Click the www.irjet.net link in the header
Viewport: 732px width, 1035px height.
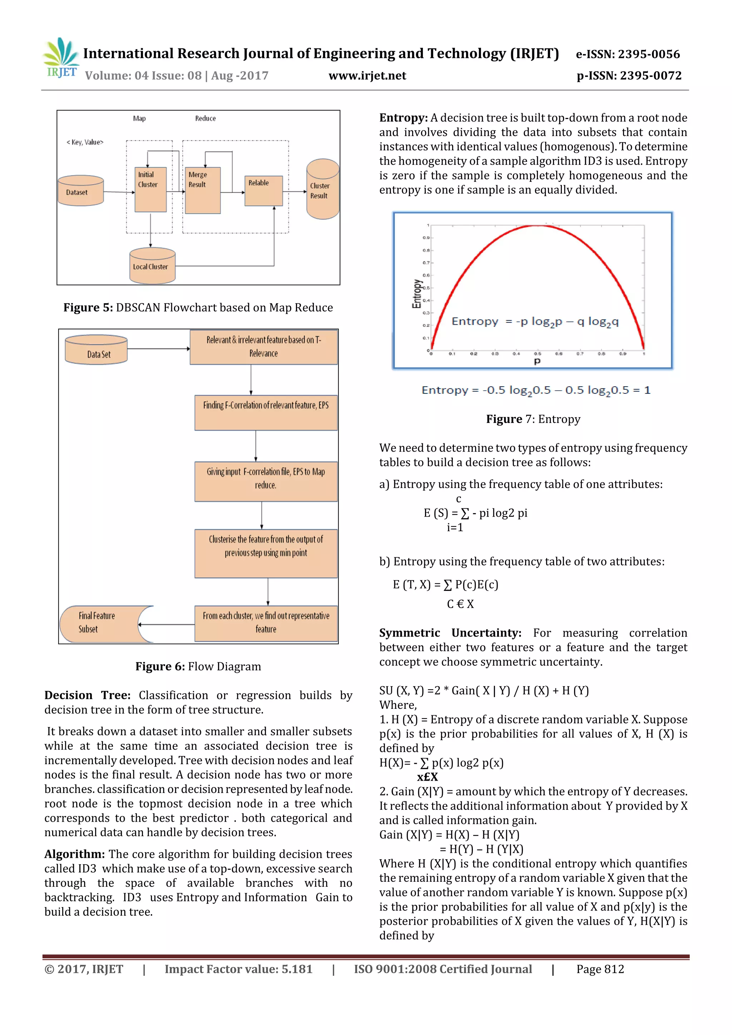tap(367, 76)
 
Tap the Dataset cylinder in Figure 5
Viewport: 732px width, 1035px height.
tap(80, 191)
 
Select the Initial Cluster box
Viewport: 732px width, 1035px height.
tap(150, 189)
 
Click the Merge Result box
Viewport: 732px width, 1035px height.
tap(203, 190)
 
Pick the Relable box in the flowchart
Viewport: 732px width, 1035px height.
tap(263, 190)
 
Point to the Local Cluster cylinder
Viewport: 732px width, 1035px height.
tap(152, 266)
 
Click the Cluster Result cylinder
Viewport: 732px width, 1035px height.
tap(322, 190)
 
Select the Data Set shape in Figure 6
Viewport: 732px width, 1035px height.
tap(96, 349)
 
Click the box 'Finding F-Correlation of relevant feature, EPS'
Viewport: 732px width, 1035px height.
tap(266, 412)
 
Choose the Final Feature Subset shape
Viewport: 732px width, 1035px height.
tap(102, 624)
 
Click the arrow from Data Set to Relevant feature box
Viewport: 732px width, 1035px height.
tap(158, 348)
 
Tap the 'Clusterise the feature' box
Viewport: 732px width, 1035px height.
tap(266, 553)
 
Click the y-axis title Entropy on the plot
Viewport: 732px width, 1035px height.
tap(417, 293)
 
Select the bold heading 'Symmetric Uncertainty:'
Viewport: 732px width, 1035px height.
tap(450, 633)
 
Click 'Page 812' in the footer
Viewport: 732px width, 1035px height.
tap(599, 969)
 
